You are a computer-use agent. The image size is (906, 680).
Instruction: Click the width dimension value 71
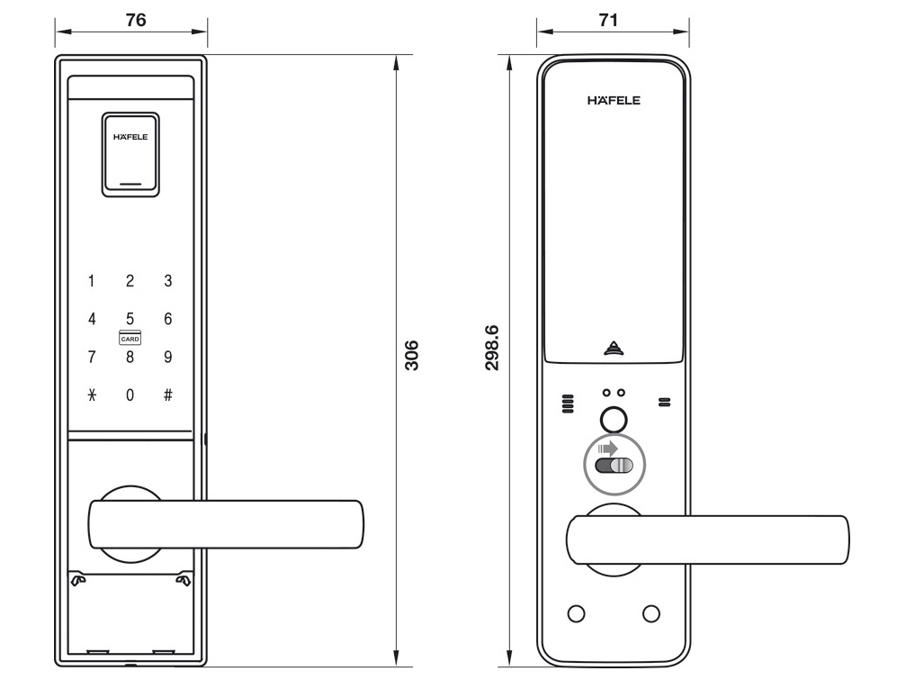click(608, 20)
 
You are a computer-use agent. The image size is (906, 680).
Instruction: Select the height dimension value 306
click(410, 357)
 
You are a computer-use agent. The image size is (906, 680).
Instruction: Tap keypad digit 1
click(91, 282)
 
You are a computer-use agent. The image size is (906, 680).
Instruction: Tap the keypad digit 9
click(168, 357)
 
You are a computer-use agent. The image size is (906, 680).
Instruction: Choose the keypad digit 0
click(130, 394)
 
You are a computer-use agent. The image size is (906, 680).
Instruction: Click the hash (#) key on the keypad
click(168, 394)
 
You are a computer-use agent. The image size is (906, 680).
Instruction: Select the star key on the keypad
click(91, 394)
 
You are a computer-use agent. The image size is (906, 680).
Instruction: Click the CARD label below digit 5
click(130, 339)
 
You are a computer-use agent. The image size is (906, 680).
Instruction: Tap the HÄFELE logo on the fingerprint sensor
click(130, 138)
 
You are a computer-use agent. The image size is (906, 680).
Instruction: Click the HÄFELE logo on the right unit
click(614, 100)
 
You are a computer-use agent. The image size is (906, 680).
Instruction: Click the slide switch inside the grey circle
click(614, 466)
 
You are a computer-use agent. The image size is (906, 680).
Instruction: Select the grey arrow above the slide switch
click(609, 448)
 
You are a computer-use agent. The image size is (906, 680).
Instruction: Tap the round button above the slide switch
click(614, 419)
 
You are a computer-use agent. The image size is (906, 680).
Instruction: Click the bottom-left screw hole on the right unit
click(577, 613)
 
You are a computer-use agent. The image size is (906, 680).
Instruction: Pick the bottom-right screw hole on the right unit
click(650, 613)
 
